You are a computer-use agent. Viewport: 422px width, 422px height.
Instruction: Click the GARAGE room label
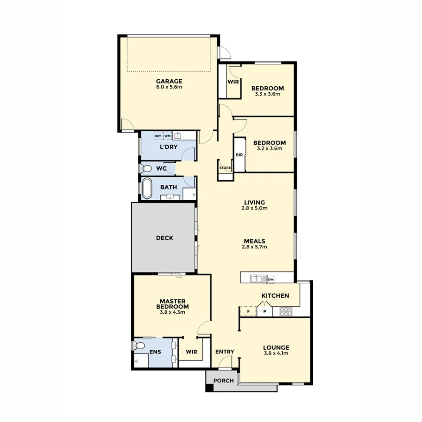[x=169, y=81]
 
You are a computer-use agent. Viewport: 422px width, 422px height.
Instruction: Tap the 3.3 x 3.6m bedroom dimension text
[x=267, y=94]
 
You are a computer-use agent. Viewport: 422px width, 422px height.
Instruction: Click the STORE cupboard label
[x=225, y=167]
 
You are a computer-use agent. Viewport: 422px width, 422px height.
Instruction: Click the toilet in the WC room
[x=146, y=168]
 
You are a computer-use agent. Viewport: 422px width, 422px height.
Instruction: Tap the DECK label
[x=164, y=238]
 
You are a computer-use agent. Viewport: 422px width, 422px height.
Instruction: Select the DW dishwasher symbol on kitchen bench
[x=271, y=279]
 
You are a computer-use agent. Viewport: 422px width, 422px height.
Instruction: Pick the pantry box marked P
[x=264, y=311]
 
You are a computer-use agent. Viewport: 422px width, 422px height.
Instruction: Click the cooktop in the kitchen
[x=286, y=310]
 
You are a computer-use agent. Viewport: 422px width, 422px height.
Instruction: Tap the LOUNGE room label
[x=276, y=347]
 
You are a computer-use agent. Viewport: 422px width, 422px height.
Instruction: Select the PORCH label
[x=223, y=380]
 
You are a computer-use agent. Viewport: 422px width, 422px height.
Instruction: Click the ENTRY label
[x=225, y=352]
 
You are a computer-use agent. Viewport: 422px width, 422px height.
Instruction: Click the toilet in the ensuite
[x=139, y=346]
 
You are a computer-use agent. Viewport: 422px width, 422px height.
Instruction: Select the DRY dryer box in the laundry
[x=158, y=136]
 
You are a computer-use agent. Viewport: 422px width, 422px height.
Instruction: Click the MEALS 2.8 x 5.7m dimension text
[x=254, y=247]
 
